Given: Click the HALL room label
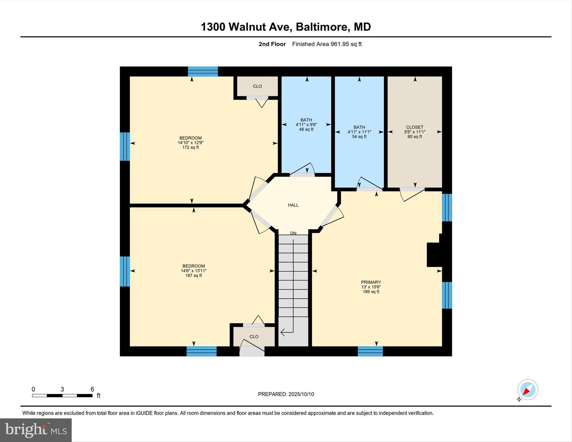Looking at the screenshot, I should click(x=293, y=205).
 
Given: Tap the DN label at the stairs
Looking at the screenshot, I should click(x=293, y=233).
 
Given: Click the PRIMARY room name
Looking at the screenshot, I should click(x=371, y=282).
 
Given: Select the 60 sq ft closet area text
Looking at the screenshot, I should click(x=415, y=136).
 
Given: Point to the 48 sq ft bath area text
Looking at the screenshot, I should click(x=306, y=129).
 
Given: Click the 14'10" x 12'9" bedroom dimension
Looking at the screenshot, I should click(x=190, y=143).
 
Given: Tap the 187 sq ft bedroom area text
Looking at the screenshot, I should click(x=193, y=275).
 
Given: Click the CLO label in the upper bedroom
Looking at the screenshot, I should click(x=257, y=86).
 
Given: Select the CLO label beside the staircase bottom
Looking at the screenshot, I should click(x=254, y=336).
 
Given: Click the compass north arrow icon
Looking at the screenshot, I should click(x=527, y=390).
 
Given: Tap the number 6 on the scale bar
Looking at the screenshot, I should click(x=92, y=389).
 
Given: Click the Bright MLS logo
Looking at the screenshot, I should click(x=36, y=430).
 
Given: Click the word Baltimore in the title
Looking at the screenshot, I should click(x=323, y=27).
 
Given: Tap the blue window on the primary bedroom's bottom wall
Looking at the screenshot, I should click(x=370, y=351).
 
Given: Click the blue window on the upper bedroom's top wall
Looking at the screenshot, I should click(x=203, y=71).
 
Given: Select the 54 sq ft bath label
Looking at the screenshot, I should click(x=359, y=136).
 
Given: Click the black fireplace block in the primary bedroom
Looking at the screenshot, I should click(x=435, y=255).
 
